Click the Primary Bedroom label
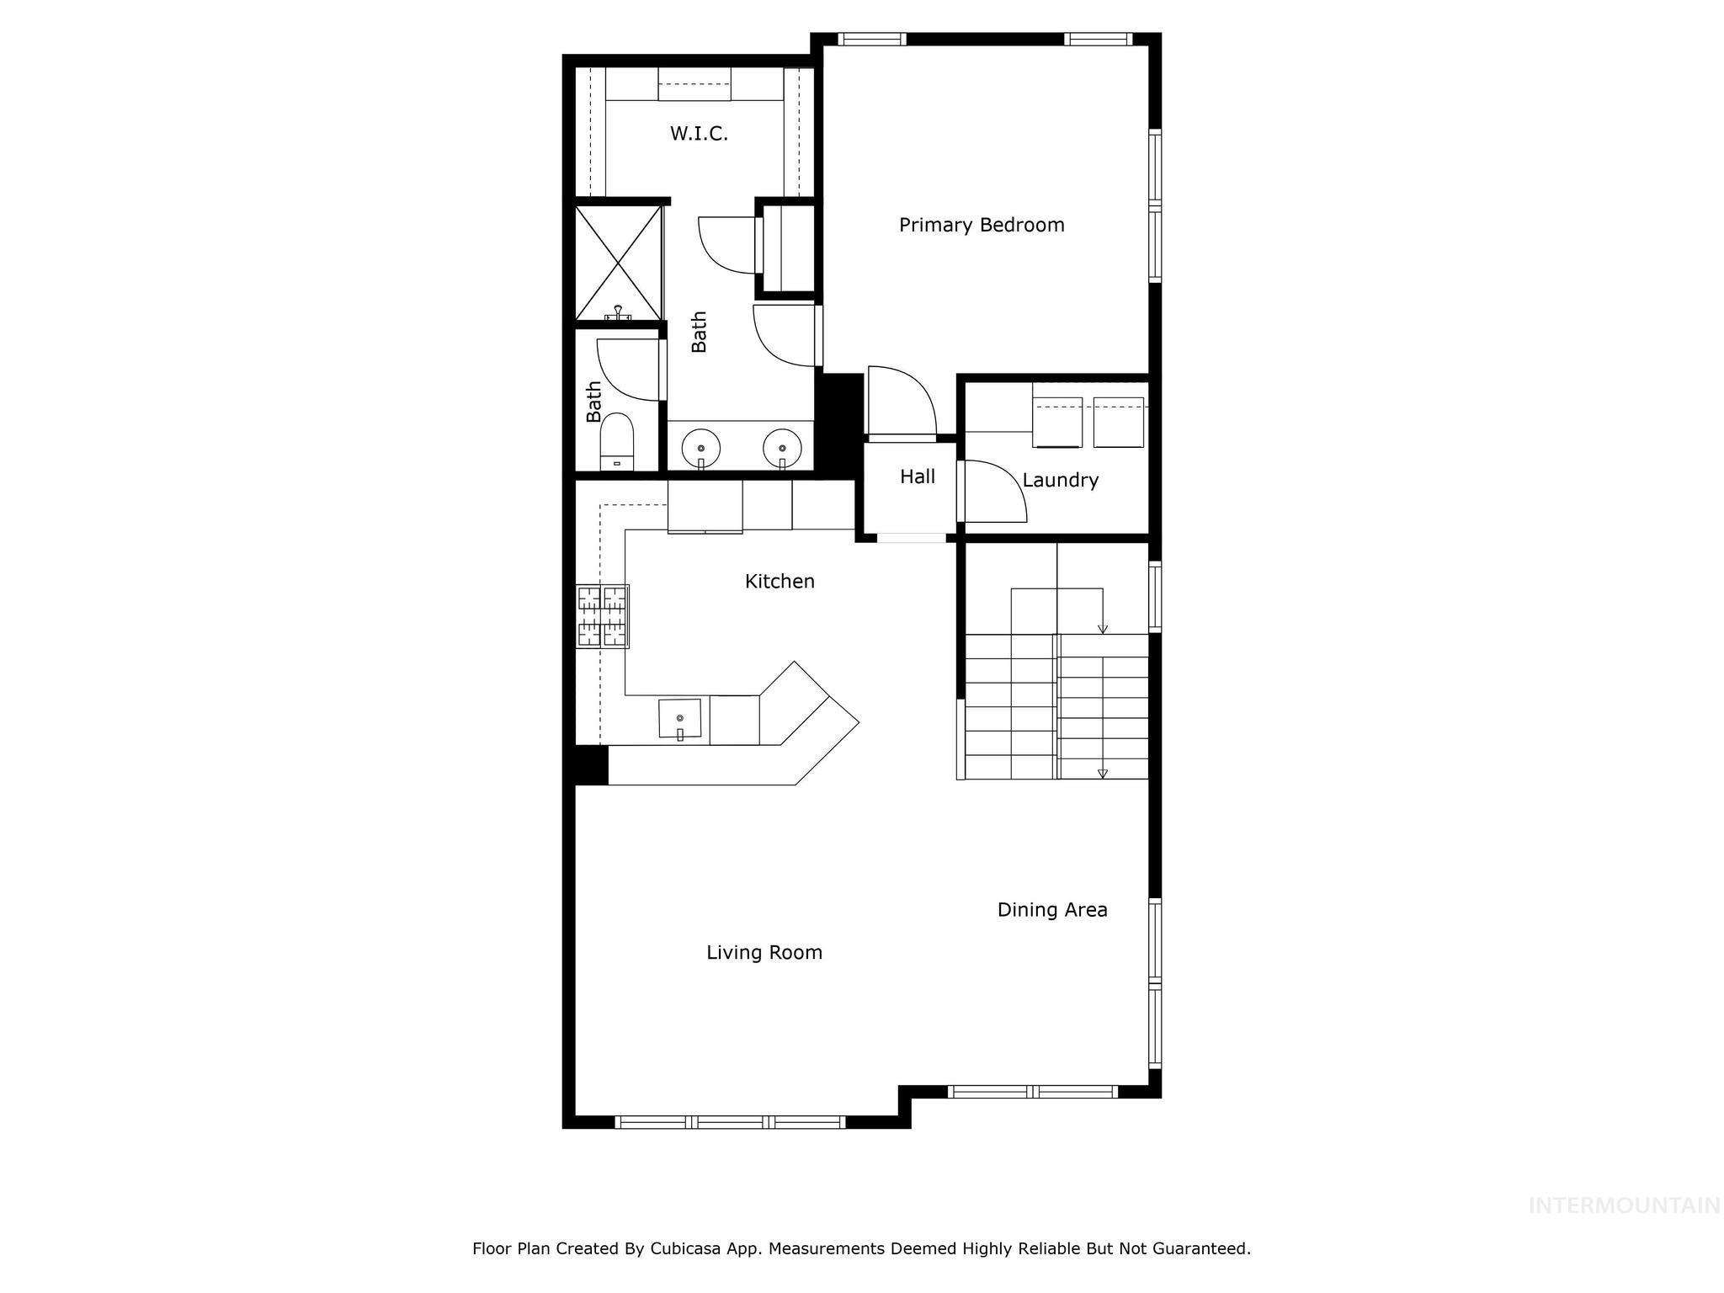pyautogui.click(x=982, y=225)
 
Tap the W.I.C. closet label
pyautogui.click(x=699, y=133)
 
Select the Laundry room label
pyautogui.click(x=1060, y=480)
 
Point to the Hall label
pyautogui.click(x=917, y=476)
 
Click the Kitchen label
pyautogui.click(x=780, y=581)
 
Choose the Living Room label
pyautogui.click(x=764, y=952)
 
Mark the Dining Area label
pyautogui.click(x=1051, y=909)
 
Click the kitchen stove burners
pyautogui.click(x=603, y=616)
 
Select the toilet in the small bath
pyautogui.click(x=616, y=440)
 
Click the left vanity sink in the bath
pyautogui.click(x=700, y=447)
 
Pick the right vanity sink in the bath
pyautogui.click(x=782, y=447)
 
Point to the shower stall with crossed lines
pyautogui.click(x=619, y=263)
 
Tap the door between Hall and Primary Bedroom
pyautogui.click(x=902, y=402)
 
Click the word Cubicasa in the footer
pyautogui.click(x=683, y=1248)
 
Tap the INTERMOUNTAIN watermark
pyautogui.click(x=1624, y=1205)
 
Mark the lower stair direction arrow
pyautogui.click(x=1103, y=773)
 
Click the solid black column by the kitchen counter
pyautogui.click(x=591, y=766)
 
